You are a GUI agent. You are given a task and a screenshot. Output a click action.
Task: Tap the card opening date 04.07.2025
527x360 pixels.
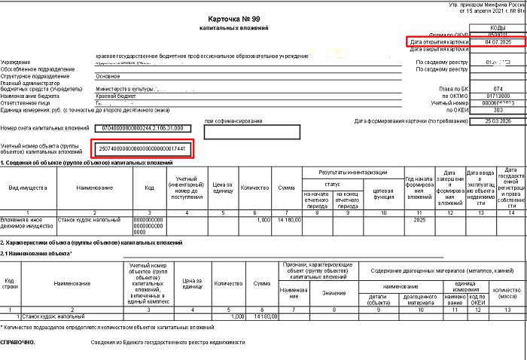click(497, 42)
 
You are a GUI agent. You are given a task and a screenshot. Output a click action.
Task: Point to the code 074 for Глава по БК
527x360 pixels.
click(497, 89)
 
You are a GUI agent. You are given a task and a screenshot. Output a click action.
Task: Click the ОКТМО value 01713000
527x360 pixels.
click(497, 96)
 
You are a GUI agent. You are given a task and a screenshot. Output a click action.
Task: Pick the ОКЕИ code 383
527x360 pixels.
click(497, 110)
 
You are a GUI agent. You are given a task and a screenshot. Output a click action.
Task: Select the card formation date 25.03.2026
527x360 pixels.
click(497, 120)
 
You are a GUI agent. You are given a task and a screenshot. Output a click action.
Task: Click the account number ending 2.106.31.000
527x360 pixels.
click(142, 129)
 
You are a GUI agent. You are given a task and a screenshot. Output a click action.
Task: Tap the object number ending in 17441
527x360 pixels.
click(142, 149)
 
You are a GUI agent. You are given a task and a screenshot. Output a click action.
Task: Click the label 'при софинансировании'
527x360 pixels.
click(233, 121)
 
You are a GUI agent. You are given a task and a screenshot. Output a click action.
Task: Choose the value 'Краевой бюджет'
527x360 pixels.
click(117, 96)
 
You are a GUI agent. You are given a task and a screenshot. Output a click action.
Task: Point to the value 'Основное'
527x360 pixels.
click(108, 76)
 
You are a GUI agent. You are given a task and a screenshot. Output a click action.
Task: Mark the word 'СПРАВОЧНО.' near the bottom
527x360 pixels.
click(18, 341)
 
